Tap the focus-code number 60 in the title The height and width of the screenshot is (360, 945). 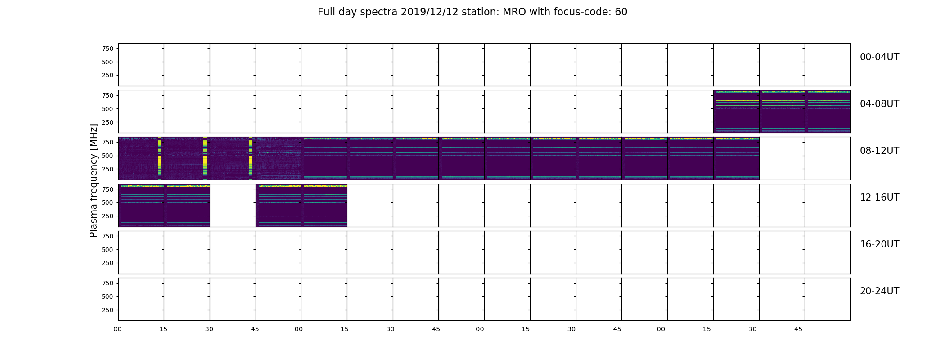[621, 12]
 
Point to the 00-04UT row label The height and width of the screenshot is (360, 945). [879, 57]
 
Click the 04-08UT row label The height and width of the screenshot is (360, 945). [879, 104]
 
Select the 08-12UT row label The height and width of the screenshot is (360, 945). [879, 151]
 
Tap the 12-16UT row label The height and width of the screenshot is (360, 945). [879, 198]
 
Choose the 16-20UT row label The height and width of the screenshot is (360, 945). [879, 244]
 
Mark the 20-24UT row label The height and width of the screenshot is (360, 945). [879, 291]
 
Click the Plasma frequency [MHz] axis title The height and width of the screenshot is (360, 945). [94, 180]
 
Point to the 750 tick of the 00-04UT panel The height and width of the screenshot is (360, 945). [108, 49]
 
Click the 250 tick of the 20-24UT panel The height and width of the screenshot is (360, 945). [108, 310]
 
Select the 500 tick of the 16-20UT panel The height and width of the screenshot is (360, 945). [108, 250]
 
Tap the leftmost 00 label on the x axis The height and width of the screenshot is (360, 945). [117, 329]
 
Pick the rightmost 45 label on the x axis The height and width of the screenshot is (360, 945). [798, 329]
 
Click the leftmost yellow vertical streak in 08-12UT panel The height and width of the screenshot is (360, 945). [159, 158]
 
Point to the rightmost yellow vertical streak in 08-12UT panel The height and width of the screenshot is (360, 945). [251, 158]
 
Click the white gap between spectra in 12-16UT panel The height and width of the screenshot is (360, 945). [233, 206]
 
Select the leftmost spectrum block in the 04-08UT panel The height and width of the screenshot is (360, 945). [737, 112]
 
